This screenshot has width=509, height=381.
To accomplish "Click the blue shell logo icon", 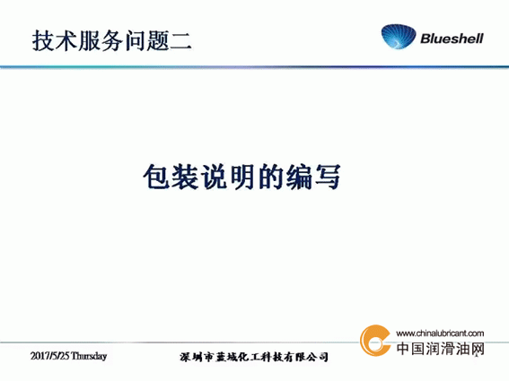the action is point(399,37).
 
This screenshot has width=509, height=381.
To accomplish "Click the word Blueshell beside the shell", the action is point(452,39).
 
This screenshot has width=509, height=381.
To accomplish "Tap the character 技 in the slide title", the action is point(43,41).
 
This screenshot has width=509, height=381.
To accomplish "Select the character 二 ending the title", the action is point(180,41).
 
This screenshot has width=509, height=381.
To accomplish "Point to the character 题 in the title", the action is point(158,41).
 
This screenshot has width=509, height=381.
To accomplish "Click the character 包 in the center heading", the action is point(156,177).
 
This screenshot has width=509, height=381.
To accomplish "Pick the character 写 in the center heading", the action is point(328,177).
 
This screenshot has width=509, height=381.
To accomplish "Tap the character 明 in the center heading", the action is point(241,177).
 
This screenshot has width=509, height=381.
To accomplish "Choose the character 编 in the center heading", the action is point(299,177).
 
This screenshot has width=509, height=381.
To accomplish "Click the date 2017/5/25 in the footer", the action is point(50,356).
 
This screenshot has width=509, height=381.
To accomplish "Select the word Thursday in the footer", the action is point(89,357).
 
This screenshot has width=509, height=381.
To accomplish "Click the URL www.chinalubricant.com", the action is point(440,333).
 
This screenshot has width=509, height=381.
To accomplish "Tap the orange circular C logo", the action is point(375,341).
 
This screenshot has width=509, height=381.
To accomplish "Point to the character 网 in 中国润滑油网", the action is point(477,349).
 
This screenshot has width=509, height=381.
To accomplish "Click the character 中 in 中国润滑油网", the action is point(403,349).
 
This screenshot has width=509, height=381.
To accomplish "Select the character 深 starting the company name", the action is point(185,357).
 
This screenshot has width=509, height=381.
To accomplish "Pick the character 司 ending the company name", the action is point(322,357).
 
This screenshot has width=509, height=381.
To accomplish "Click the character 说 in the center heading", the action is point(214,177).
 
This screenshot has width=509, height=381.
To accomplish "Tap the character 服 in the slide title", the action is point(89,41).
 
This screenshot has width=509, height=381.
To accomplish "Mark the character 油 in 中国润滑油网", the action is point(462,349).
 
